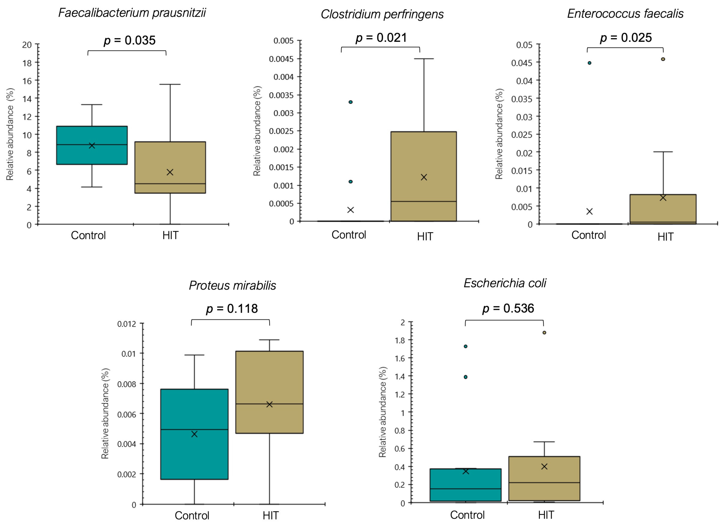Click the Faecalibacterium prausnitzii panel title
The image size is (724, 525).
point(132,13)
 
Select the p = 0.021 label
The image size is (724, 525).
point(381,38)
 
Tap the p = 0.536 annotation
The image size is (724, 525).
point(508,308)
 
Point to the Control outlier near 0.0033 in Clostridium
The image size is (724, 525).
point(351,102)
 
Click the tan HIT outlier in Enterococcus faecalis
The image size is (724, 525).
point(663,59)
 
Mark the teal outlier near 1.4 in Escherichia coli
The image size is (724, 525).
point(465,377)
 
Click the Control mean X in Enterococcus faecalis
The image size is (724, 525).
point(589,212)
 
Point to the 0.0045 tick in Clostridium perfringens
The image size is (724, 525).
point(281,59)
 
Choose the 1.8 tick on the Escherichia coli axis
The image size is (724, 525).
point(400,341)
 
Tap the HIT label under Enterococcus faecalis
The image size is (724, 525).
point(665,237)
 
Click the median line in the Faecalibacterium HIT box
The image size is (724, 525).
point(170,184)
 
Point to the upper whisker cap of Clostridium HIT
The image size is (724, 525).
point(424,59)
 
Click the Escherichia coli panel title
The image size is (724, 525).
point(505,283)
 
